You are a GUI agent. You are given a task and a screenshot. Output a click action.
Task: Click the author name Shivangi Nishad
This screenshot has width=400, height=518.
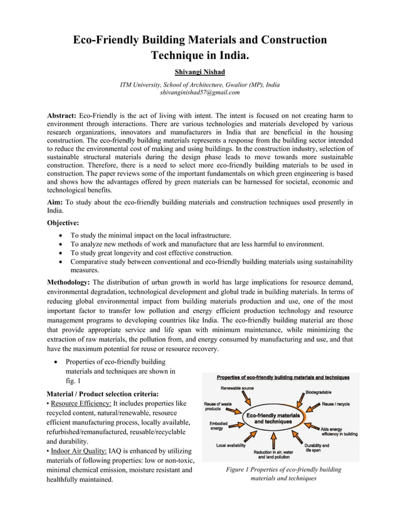[x=200, y=71]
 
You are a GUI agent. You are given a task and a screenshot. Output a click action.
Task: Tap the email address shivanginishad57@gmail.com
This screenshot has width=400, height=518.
[x=200, y=92]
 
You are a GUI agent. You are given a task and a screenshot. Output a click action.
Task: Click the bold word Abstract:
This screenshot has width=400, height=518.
[x=62, y=116]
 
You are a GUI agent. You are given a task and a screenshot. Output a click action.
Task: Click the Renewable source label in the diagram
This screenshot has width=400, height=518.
[x=237, y=389]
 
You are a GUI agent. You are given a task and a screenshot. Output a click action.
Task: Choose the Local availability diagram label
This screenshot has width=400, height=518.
[x=231, y=445]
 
